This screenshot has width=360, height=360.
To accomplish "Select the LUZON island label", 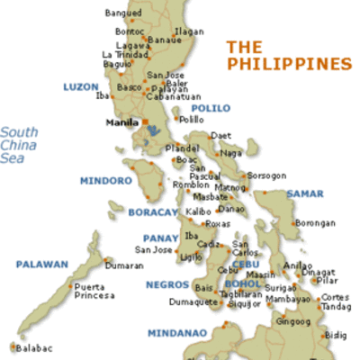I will tap(80, 87).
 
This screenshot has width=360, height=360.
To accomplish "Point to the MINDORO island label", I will tap(105, 180).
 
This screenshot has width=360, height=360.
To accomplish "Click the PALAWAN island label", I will tap(41, 265).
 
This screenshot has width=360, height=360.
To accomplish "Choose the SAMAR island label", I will tap(304, 193).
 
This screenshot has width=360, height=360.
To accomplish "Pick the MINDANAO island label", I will tap(177, 332).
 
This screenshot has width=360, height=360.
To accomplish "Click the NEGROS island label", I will tap(166, 285).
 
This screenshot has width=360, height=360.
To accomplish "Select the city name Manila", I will tap(121, 121).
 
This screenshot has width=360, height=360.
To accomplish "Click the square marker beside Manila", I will tap(144, 122).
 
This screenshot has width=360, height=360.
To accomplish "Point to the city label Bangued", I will tap(122, 13).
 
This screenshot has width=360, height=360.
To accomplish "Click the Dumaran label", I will tap(124, 265).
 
